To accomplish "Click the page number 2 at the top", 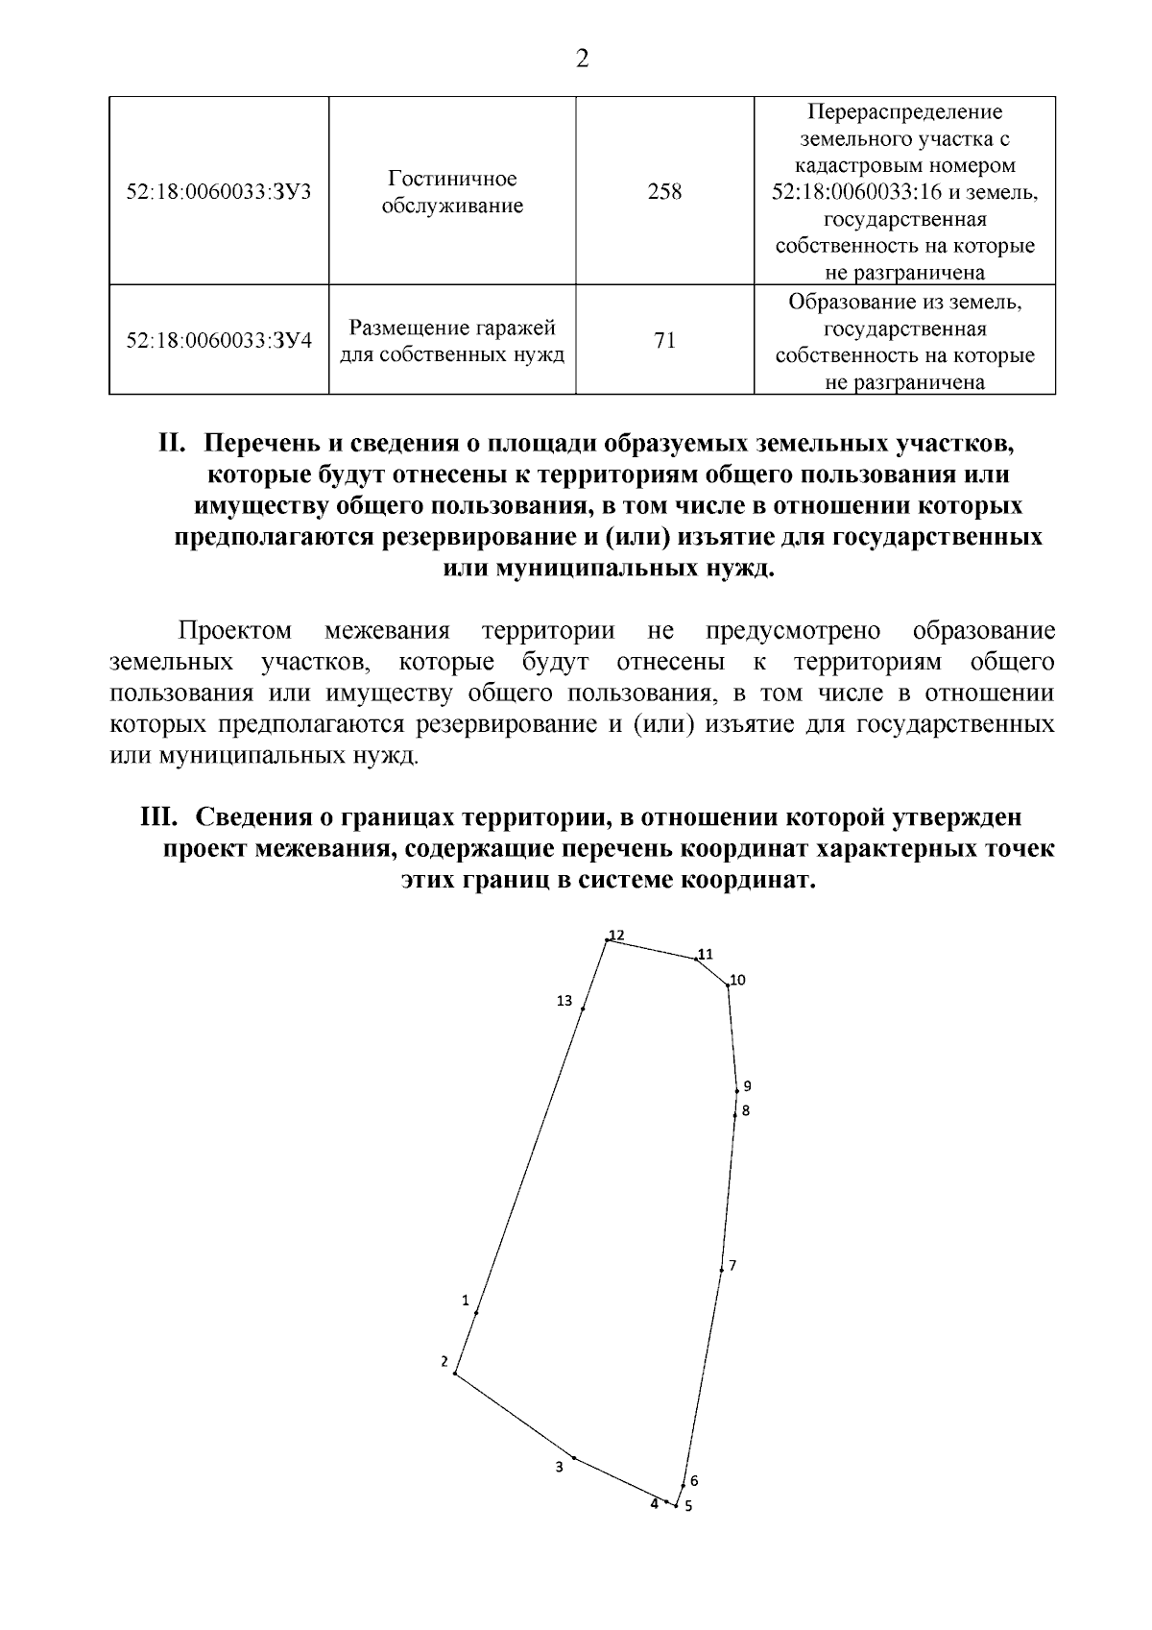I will click(x=582, y=60).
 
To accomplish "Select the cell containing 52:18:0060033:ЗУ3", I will click(x=219, y=191).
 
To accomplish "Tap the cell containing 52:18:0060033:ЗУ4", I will click(x=219, y=340).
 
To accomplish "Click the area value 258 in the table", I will click(x=664, y=191).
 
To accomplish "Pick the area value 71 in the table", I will click(x=664, y=340).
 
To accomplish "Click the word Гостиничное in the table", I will click(x=452, y=179).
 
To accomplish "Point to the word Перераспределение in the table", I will click(x=904, y=112).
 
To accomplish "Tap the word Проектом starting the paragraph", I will click(x=235, y=631).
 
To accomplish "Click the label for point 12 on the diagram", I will click(x=616, y=935).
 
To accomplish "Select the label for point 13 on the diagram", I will click(x=564, y=1001).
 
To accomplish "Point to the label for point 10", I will click(x=737, y=980).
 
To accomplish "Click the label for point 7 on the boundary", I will click(x=732, y=1265).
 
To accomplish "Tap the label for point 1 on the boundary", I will click(x=466, y=1301).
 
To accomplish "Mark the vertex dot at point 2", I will click(x=455, y=1374).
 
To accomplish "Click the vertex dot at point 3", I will click(x=573, y=1457).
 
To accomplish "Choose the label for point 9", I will click(x=747, y=1086).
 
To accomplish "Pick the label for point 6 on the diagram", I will click(x=694, y=1481).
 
